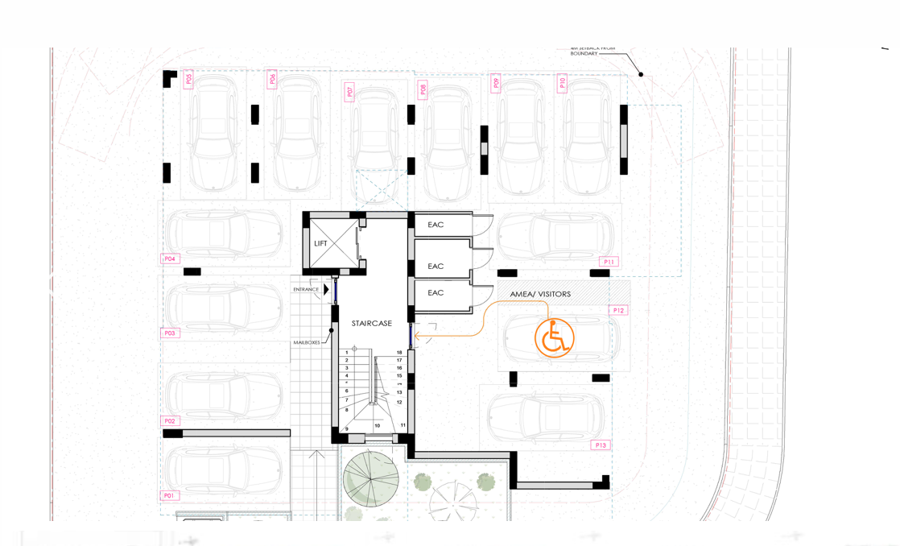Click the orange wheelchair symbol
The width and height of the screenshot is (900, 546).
click(554, 338)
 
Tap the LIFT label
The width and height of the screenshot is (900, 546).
click(320, 243)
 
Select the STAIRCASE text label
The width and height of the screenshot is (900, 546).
click(371, 324)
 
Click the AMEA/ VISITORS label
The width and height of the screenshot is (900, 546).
click(540, 295)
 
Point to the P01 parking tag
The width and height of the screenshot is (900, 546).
click(169, 495)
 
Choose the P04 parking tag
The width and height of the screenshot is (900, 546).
click(169, 259)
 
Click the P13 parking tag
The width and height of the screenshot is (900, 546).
click(600, 445)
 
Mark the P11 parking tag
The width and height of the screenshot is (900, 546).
click(609, 262)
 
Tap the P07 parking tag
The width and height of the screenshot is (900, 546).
click(349, 91)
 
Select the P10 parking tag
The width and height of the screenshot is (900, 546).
click(562, 82)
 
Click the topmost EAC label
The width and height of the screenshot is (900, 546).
click(436, 225)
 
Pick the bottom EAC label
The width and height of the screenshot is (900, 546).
click(436, 293)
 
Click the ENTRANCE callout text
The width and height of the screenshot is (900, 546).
click(306, 289)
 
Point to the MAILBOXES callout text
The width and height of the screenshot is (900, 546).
click(306, 342)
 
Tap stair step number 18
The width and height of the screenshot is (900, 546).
click(399, 353)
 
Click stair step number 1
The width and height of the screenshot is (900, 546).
click(347, 353)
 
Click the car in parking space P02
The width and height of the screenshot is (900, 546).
click(225, 395)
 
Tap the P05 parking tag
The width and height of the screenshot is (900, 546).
click(188, 79)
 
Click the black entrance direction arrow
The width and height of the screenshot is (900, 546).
click(326, 289)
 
